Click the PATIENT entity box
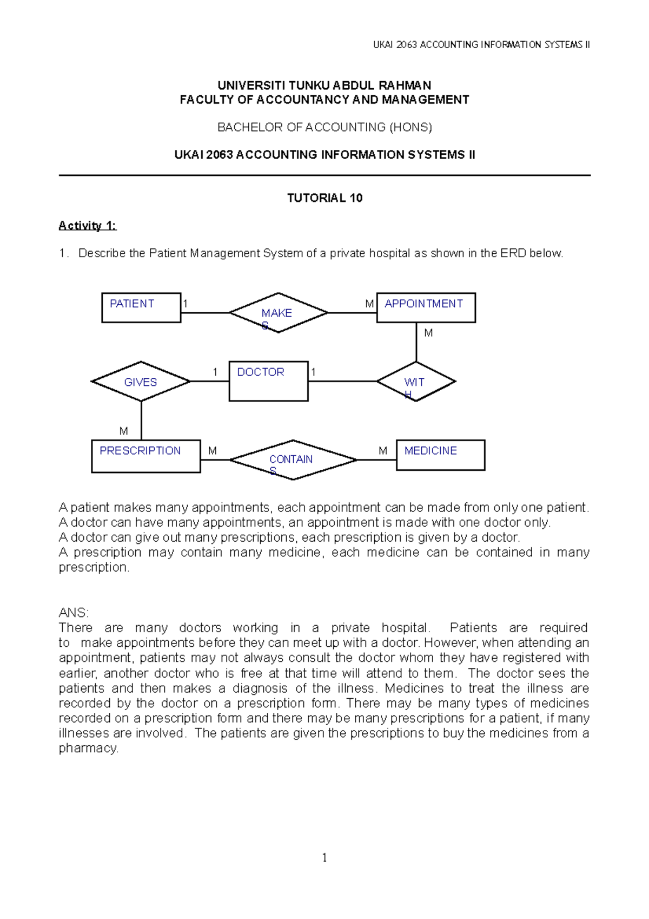[141, 307]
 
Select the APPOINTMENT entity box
[426, 307]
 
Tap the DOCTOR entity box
[268, 381]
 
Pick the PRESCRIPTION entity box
[146, 456]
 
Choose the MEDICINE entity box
[440, 455]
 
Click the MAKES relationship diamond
[278, 313]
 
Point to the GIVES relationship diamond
[141, 382]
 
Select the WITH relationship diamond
[416, 382]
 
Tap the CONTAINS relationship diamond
[293, 460]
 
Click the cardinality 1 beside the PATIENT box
[186, 304]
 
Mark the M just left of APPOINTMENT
[369, 304]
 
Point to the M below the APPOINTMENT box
[428, 333]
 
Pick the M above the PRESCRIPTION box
[123, 431]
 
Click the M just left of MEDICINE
[383, 450]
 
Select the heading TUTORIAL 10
[325, 198]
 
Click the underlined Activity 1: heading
[87, 226]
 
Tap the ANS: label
[74, 613]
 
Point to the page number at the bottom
[325, 857]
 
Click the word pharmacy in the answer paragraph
[88, 748]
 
